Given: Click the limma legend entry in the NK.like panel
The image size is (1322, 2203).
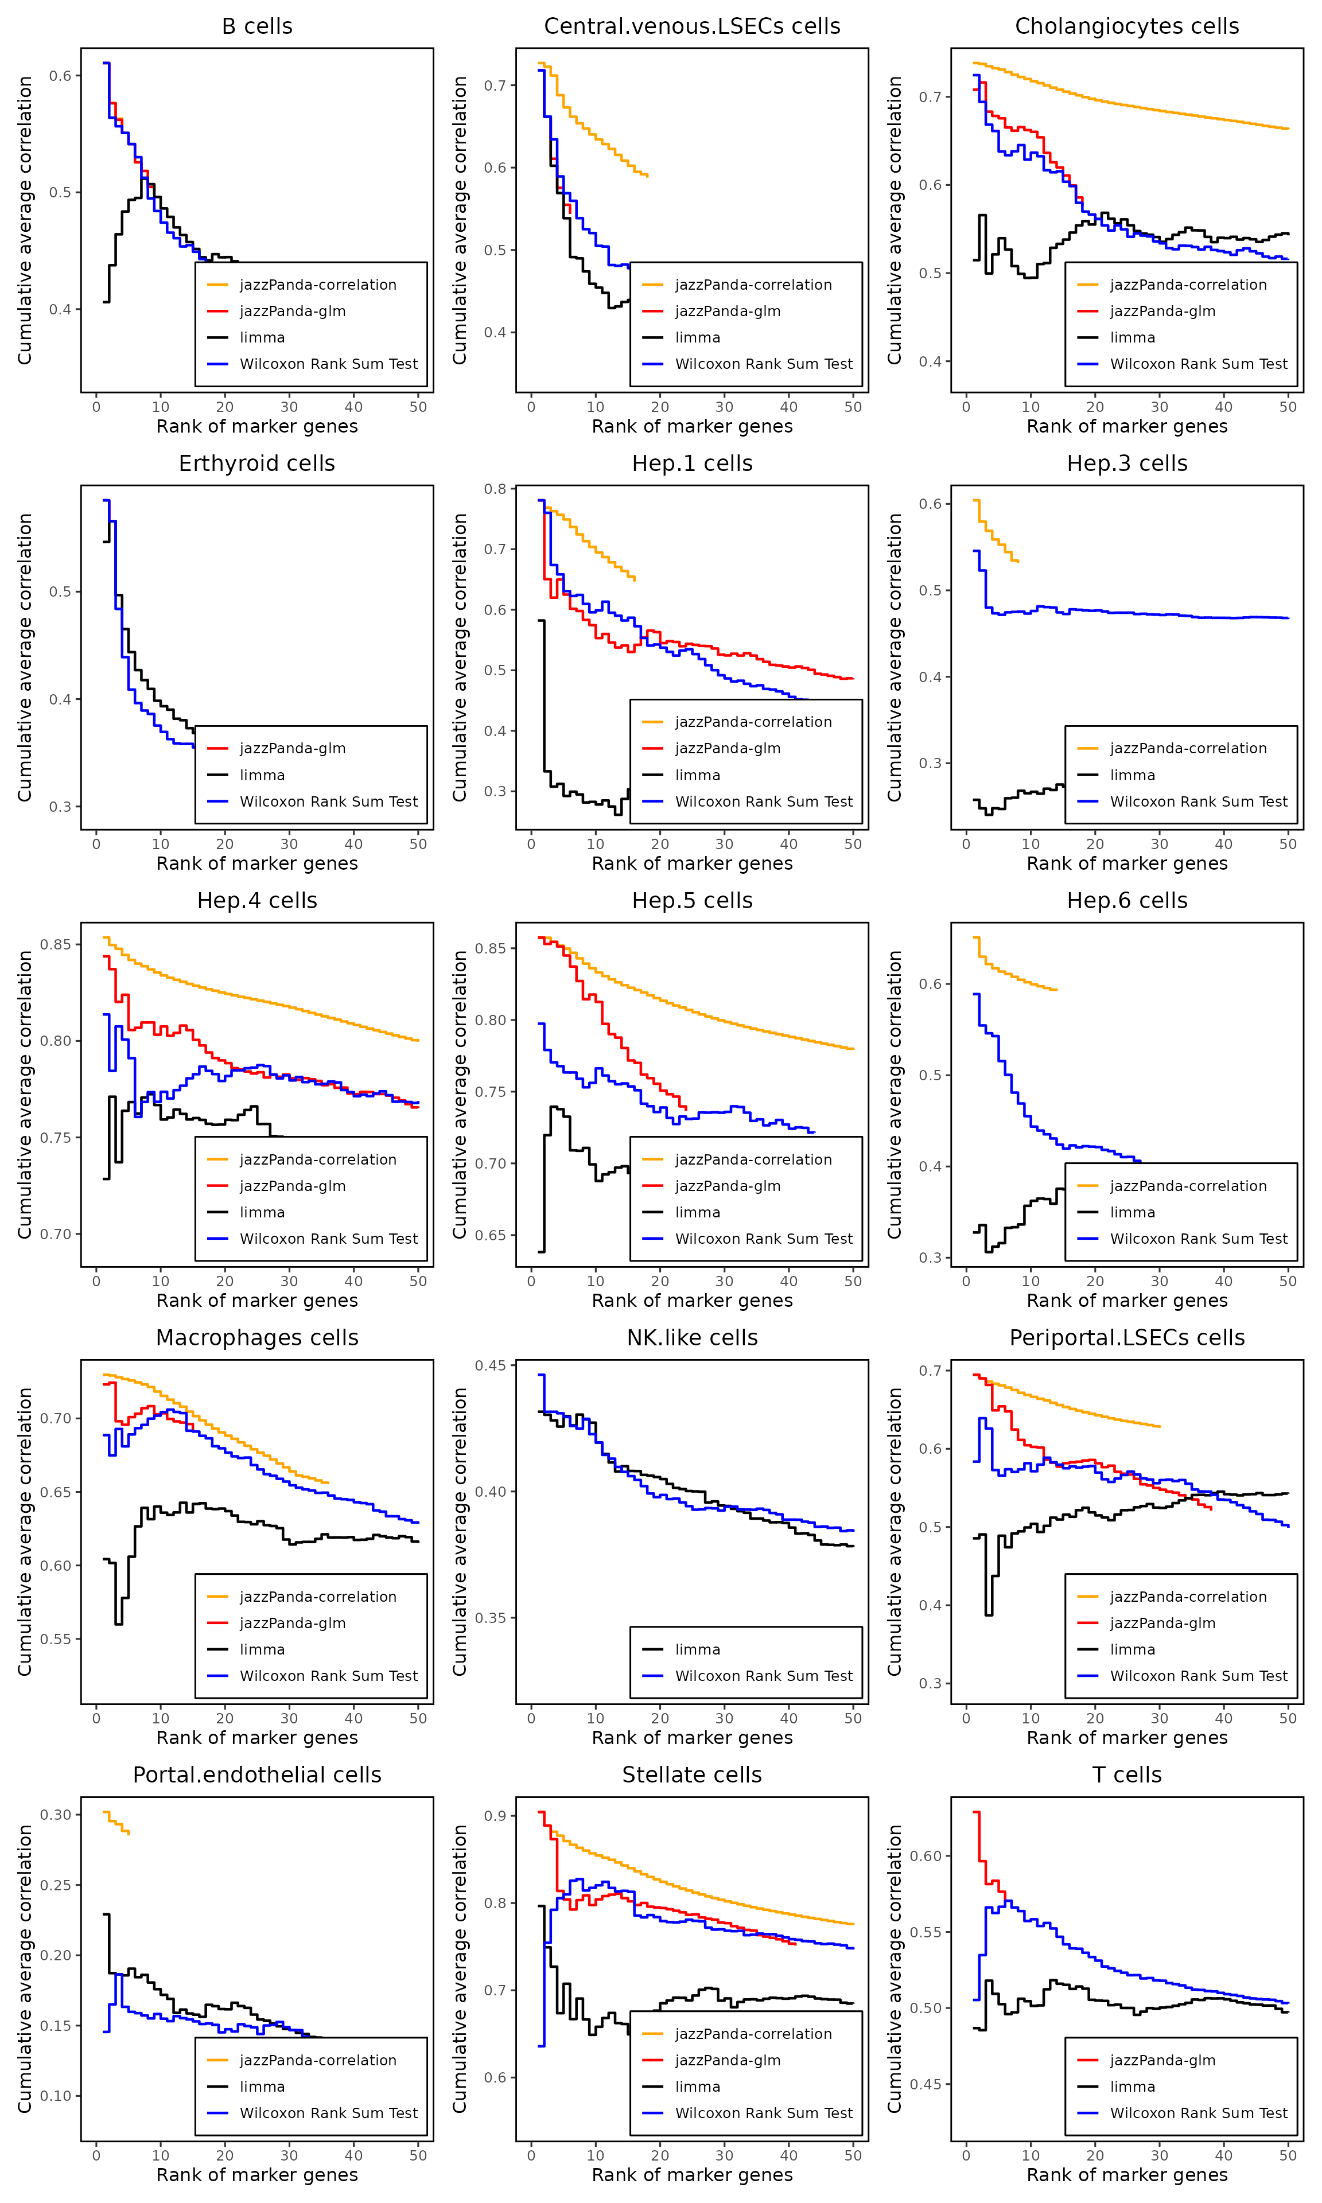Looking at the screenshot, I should click(x=697, y=1649).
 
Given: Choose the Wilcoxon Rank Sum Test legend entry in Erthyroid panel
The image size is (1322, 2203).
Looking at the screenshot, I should click(x=328, y=801).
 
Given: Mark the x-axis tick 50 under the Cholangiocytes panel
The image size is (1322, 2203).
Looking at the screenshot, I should click(x=1288, y=407).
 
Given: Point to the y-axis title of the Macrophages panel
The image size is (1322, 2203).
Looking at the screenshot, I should click(x=25, y=1532).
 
